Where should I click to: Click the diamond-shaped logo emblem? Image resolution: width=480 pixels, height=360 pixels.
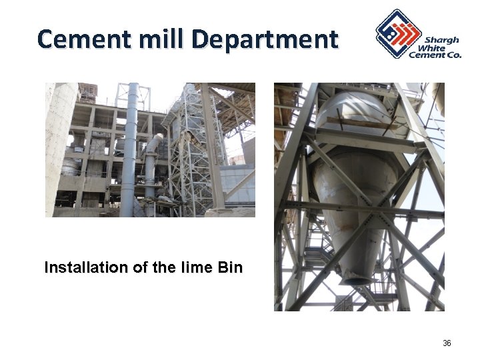pyautogui.click(x=397, y=33)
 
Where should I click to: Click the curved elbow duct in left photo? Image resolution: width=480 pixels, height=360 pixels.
pyautogui.click(x=153, y=143)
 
